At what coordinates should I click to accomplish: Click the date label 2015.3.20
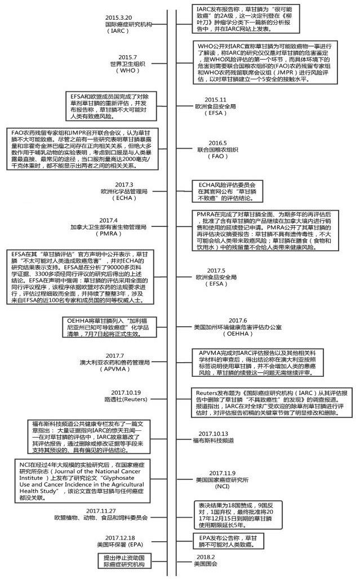123,17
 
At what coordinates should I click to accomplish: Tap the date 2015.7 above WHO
128,57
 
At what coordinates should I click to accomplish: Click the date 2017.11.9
221,473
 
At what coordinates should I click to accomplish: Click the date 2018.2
205,557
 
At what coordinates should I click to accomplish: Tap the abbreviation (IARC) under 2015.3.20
123,32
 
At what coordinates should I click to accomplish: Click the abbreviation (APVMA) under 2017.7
122,369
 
